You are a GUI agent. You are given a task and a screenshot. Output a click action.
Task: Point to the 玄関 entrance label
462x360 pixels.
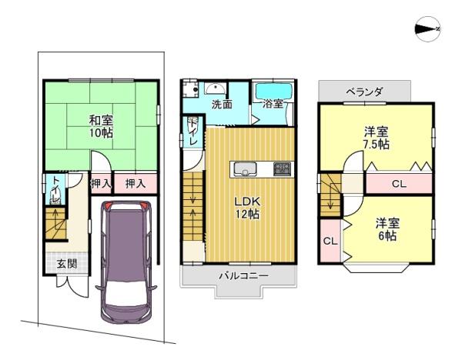point(67,263)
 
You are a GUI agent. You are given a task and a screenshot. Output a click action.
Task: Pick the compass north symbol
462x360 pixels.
point(427,29)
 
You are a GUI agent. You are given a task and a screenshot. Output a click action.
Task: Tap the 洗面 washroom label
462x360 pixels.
point(223,104)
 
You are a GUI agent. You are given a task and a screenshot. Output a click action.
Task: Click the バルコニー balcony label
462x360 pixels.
point(241,275)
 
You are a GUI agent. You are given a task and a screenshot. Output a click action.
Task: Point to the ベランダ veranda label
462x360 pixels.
point(364,92)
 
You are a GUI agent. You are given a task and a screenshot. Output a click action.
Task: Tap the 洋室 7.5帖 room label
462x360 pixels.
point(377,138)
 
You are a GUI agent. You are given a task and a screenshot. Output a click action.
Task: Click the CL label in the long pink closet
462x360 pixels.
point(398,184)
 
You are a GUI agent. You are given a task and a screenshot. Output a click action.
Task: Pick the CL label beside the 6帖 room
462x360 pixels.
point(330,241)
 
